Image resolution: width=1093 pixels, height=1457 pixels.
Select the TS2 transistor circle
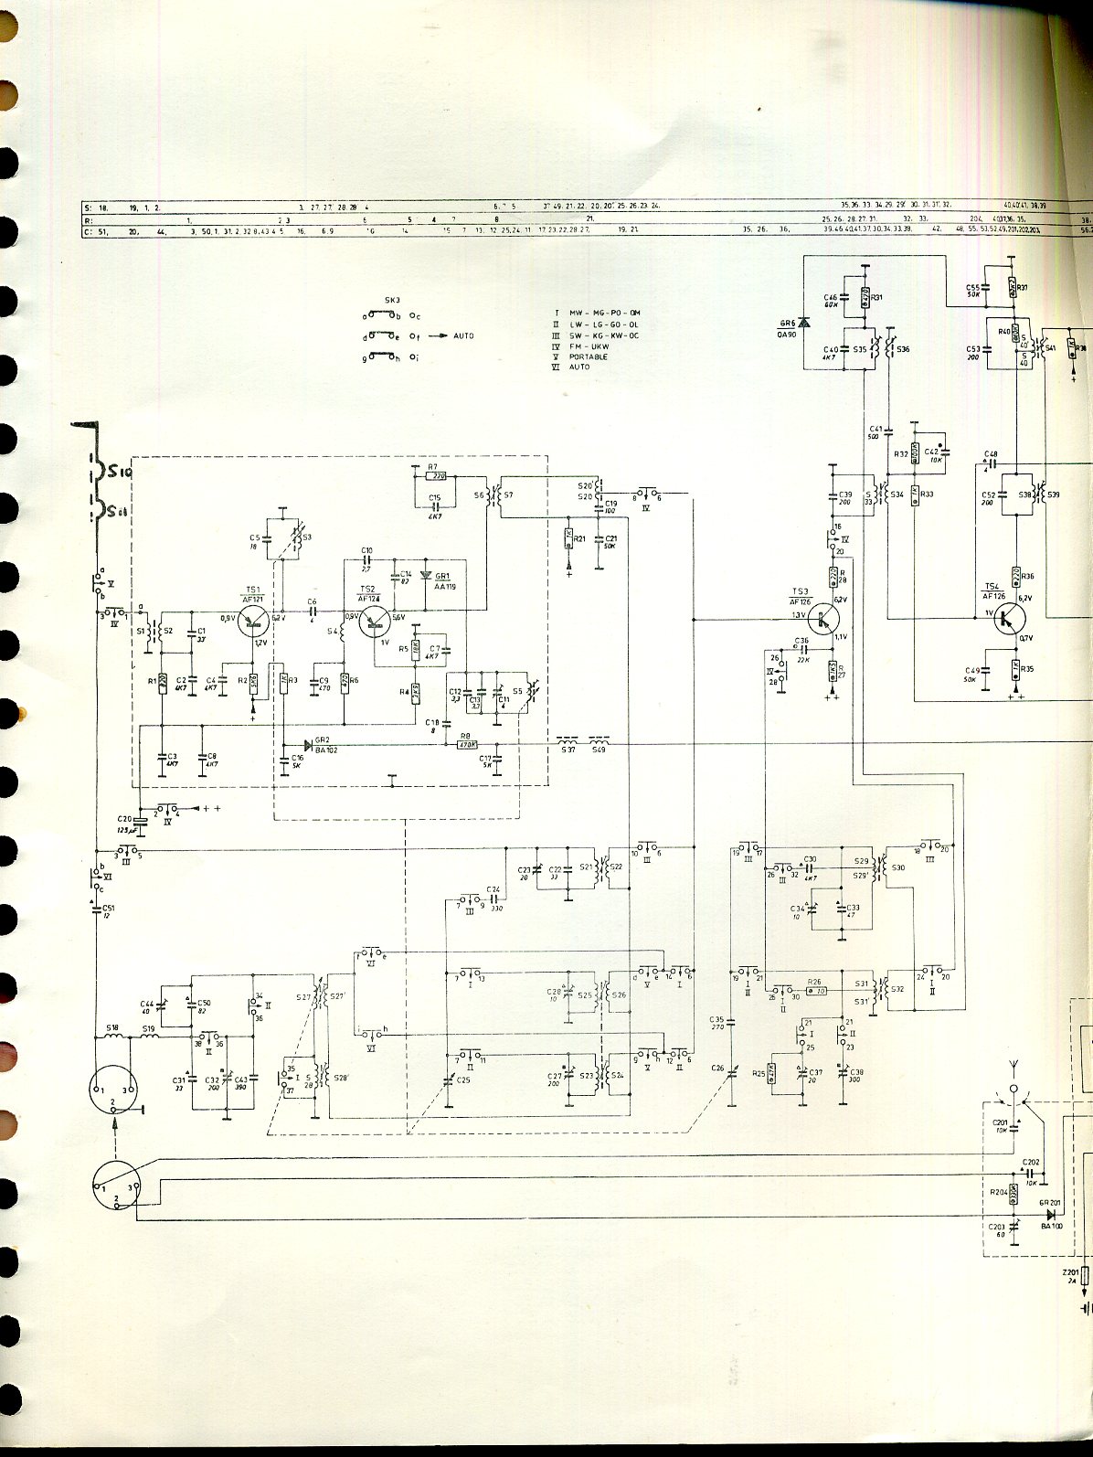pyautogui.click(x=374, y=619)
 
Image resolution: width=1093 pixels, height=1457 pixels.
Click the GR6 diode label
pyautogui.click(x=786, y=324)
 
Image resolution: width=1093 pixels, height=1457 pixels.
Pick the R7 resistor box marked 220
pyautogui.click(x=439, y=476)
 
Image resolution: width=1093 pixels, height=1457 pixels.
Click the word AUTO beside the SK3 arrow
pyautogui.click(x=463, y=336)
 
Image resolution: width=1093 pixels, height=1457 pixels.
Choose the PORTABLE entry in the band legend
pyautogui.click(x=589, y=356)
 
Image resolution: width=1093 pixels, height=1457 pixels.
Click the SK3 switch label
pyautogui.click(x=392, y=300)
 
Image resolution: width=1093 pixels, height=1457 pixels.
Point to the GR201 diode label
pyautogui.click(x=1049, y=1203)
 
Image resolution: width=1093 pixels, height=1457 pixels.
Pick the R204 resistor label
pyautogui.click(x=998, y=1192)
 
